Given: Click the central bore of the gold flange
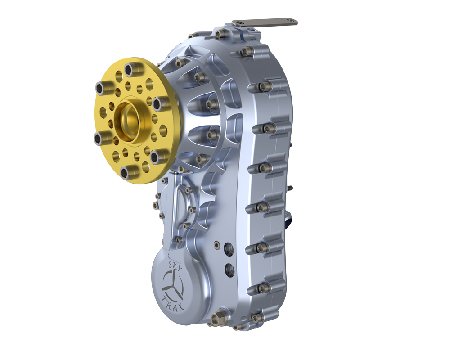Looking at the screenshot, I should [128, 118].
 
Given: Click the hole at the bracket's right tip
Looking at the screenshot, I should [293, 20].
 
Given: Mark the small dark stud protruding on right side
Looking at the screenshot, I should [291, 188].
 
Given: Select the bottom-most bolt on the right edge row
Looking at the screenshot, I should [257, 318].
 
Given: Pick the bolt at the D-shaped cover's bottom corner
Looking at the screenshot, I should [178, 239].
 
